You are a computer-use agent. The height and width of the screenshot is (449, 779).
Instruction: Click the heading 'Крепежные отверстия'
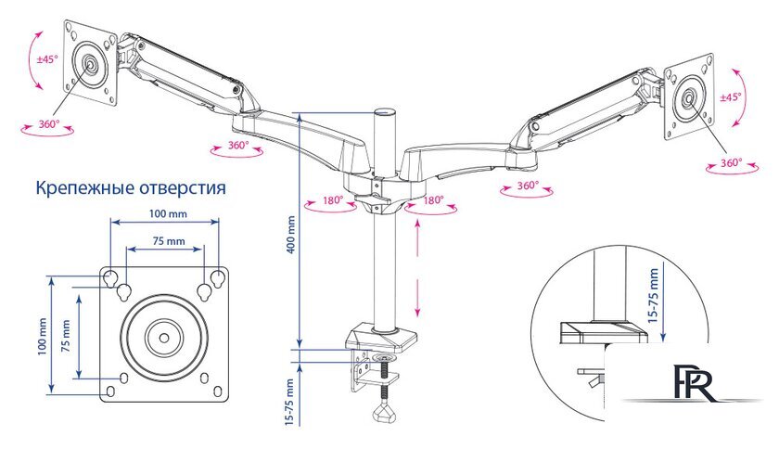(x=131, y=188)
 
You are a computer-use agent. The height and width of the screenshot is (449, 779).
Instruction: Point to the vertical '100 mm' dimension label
(x=43, y=337)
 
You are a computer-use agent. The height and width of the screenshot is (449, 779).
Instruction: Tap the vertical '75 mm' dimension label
(x=65, y=335)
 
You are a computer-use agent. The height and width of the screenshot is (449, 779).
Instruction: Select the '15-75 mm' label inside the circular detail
(x=653, y=295)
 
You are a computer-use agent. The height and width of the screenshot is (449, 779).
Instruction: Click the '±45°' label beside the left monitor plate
(x=47, y=59)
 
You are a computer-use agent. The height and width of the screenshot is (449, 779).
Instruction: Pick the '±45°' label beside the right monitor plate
(x=730, y=97)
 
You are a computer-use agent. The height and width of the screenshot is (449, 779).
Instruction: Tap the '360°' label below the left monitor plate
(x=49, y=123)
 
